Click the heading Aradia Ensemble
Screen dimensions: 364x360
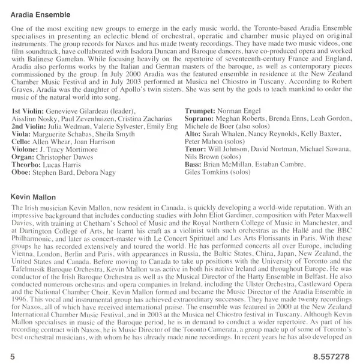click(x=39, y=12)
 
